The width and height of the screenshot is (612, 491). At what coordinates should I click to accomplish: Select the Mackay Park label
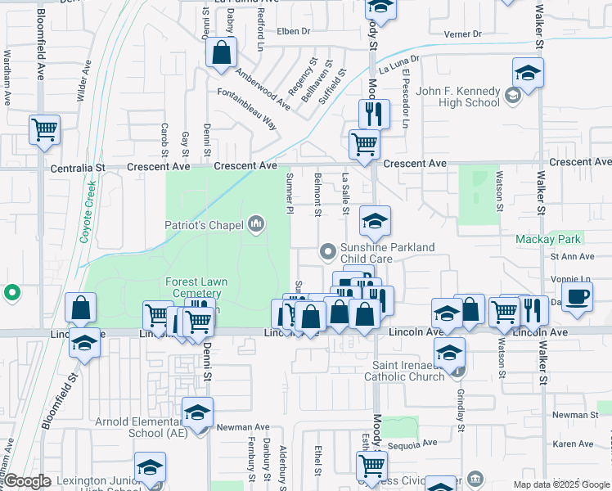[547, 240]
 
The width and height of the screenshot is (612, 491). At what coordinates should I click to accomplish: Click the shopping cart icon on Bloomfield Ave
[44, 129]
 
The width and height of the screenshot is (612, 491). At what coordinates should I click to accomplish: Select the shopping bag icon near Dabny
[222, 53]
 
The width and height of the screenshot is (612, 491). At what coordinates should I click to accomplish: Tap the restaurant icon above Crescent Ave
[374, 114]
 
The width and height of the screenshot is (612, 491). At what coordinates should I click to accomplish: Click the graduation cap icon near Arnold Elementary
[197, 414]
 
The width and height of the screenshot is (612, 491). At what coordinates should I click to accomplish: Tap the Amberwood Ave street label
[263, 88]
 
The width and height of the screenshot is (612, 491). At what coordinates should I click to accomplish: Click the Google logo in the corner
[27, 481]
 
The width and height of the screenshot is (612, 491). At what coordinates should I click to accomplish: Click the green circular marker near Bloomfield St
[12, 292]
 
